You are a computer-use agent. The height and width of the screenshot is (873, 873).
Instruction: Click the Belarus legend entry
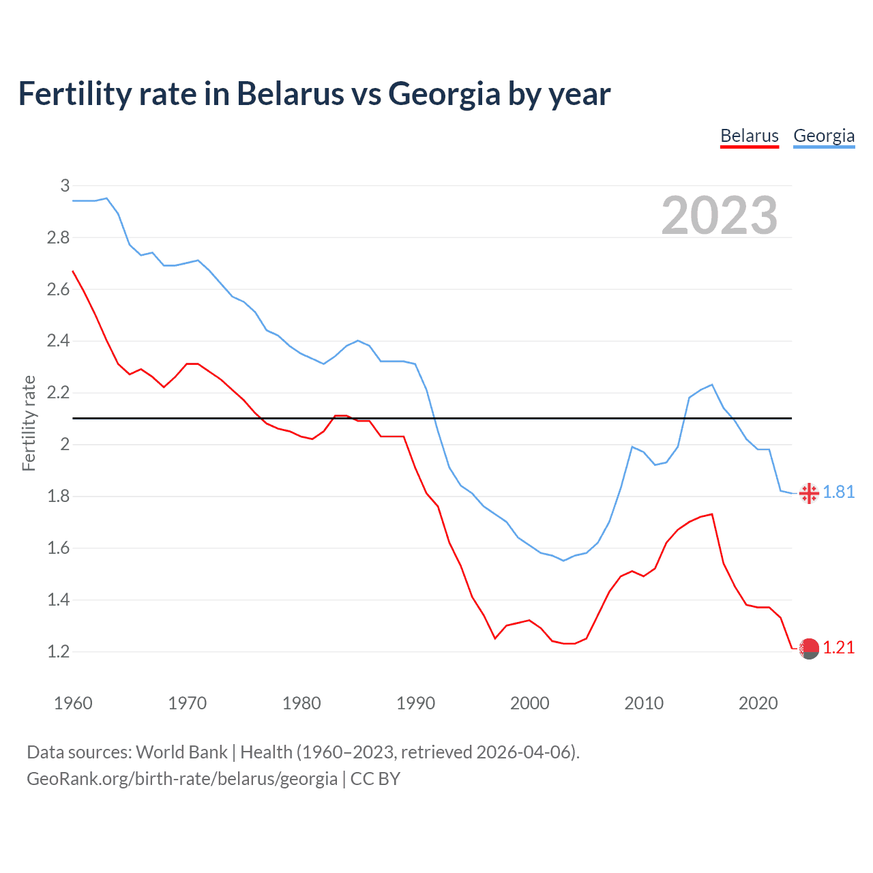750,136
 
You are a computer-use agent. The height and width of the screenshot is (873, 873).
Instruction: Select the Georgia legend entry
824,136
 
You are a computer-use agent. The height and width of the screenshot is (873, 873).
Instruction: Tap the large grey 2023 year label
720,216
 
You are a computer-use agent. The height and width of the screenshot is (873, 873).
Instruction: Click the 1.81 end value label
839,492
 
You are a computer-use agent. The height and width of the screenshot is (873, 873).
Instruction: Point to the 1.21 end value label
839,648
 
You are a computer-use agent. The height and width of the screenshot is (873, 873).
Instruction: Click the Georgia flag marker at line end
809,493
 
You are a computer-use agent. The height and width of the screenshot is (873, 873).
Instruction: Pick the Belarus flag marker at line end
809,649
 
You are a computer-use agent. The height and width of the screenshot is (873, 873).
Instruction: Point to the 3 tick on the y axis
65,186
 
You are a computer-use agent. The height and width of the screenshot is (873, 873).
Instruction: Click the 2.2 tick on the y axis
59,393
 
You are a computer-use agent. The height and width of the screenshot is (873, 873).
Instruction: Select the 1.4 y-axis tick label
59,600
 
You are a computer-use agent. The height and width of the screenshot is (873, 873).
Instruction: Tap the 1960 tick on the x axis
73,703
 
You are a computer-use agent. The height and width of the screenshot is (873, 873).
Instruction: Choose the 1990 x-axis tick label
415,703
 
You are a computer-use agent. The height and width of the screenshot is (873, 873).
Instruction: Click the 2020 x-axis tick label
758,703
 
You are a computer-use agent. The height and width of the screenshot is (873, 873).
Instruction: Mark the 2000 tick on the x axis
530,703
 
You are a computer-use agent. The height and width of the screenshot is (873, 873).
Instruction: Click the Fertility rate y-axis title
29,423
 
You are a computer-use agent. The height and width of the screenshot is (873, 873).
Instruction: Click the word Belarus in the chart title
291,93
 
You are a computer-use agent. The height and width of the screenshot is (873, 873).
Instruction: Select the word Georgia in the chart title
444,93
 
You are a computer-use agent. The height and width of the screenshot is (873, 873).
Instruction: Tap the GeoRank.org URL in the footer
182,779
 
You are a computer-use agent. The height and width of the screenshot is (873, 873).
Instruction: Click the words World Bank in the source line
181,752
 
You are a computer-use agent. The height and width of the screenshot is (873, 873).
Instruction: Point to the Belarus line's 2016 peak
712,514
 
